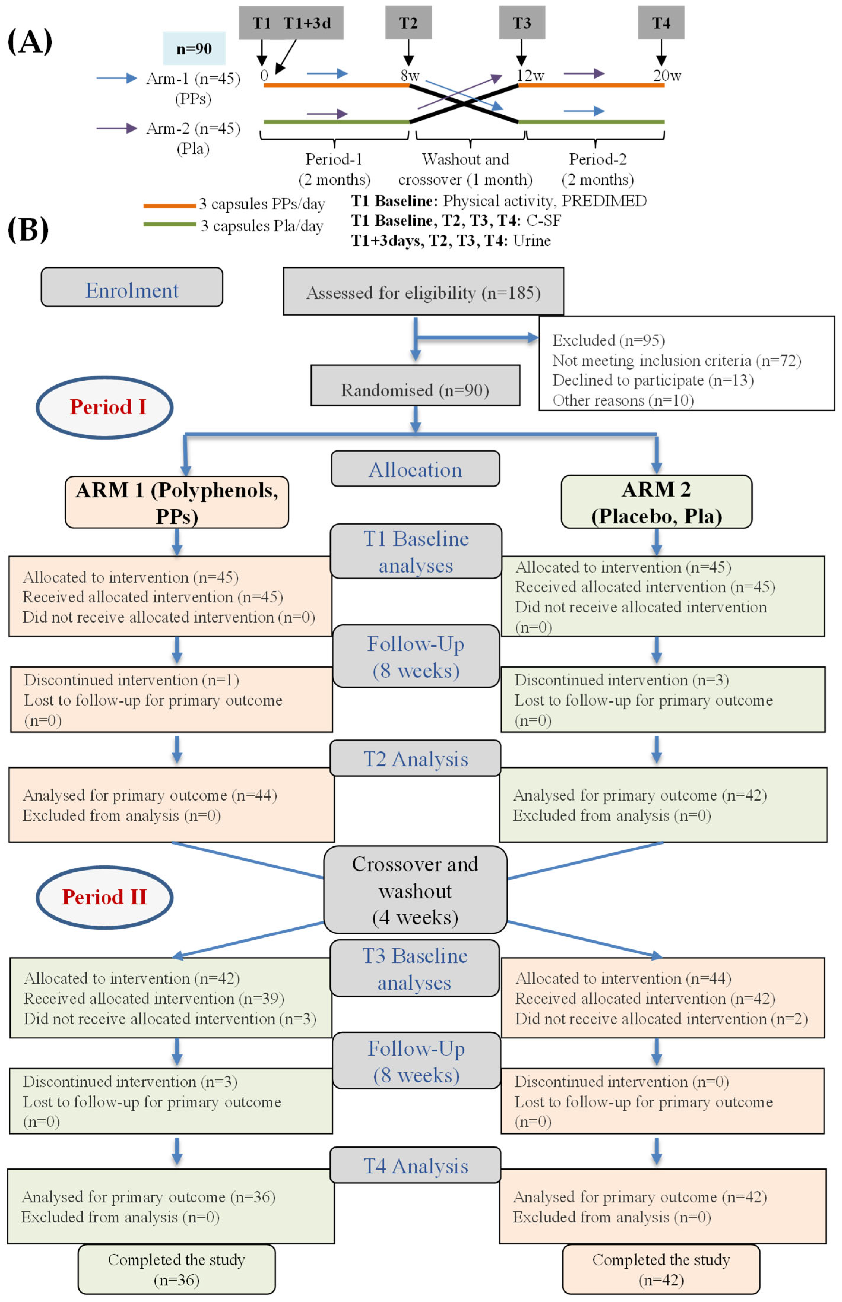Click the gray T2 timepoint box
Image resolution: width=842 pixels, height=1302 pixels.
(408, 23)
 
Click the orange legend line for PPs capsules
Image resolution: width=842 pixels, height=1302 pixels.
(169, 206)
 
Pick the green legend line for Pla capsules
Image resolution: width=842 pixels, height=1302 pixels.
(169, 224)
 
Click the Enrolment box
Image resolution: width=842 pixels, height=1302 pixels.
(132, 287)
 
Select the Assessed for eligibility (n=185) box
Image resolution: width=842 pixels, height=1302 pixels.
(423, 292)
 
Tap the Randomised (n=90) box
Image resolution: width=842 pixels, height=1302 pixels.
(415, 386)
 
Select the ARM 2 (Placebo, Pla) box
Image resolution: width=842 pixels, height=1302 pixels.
(656, 502)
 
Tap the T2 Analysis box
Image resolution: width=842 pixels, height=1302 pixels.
(415, 758)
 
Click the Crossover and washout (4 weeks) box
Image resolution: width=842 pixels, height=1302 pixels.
(415, 890)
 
